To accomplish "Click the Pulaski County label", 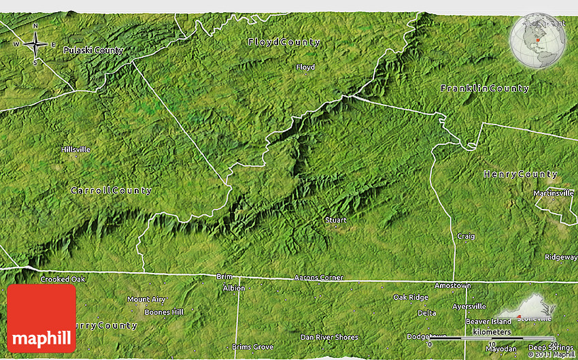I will pyautogui.click(x=92, y=50).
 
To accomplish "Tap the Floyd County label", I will pyautogui.click(x=284, y=42).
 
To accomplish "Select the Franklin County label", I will pyautogui.click(x=484, y=89).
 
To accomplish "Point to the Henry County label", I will pyautogui.click(x=520, y=175).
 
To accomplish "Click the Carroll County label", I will pyautogui.click(x=111, y=191).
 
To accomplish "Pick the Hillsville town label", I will pyautogui.click(x=75, y=149).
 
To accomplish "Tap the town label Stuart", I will pyautogui.click(x=335, y=220).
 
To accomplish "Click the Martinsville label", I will pyautogui.click(x=553, y=193).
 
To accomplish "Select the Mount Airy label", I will pyautogui.click(x=146, y=299).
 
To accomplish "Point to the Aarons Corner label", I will pyautogui.click(x=319, y=278).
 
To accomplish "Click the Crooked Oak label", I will pyautogui.click(x=63, y=280).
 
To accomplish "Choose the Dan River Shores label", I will pyautogui.click(x=329, y=337).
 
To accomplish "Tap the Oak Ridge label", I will pyautogui.click(x=411, y=297).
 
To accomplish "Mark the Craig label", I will pyautogui.click(x=465, y=236).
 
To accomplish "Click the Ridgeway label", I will pyautogui.click(x=560, y=257).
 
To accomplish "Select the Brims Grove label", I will pyautogui.click(x=252, y=346).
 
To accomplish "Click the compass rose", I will pyautogui.click(x=35, y=45).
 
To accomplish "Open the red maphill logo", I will pyautogui.click(x=41, y=318).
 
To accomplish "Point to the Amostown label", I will pyautogui.click(x=453, y=286).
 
